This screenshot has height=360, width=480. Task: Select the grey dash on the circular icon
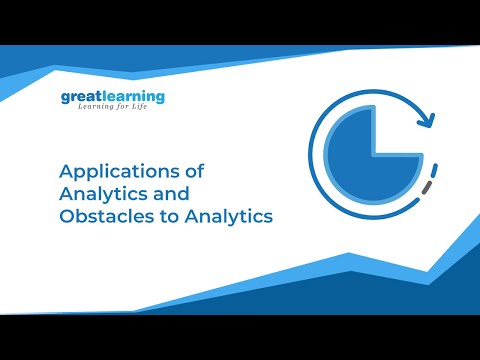point(428,186)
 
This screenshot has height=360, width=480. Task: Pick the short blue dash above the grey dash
point(436,166)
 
